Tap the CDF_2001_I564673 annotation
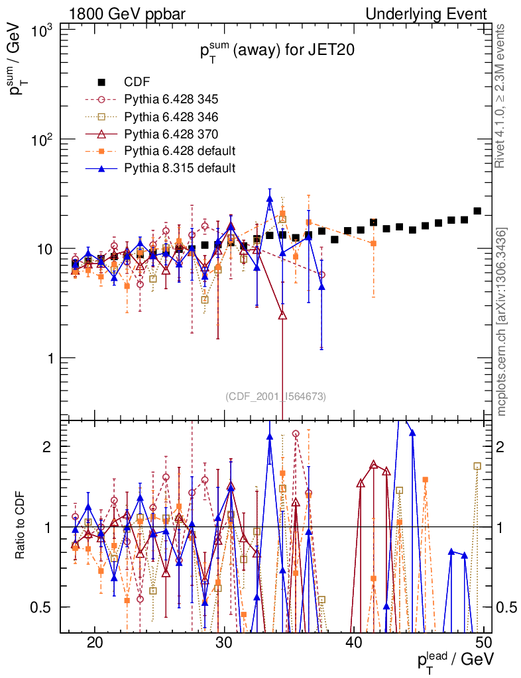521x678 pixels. [x=276, y=397]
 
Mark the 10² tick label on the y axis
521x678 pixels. [x=43, y=140]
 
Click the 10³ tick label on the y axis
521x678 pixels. [x=43, y=30]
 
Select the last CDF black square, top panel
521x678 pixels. [x=477, y=211]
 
